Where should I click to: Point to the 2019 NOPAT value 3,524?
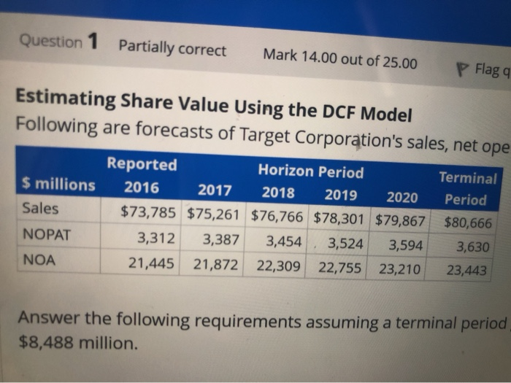click(345, 243)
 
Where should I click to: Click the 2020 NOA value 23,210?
click(401, 269)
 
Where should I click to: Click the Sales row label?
click(41, 208)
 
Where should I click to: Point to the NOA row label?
click(39, 259)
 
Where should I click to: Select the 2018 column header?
click(278, 193)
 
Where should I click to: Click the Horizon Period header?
click(310, 172)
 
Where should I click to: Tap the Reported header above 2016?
click(142, 164)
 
